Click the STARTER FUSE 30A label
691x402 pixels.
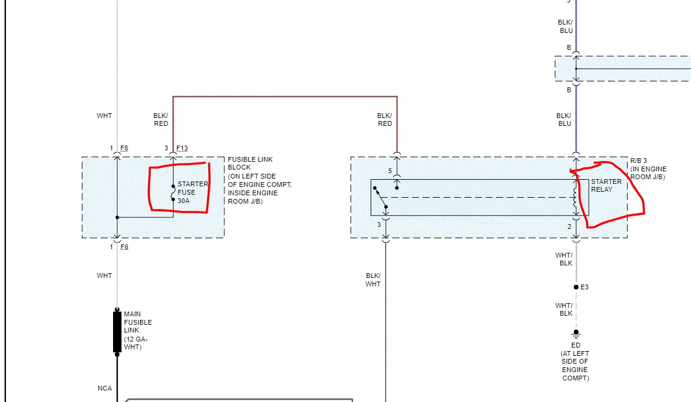coord(192,192)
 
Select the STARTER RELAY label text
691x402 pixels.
coord(606,185)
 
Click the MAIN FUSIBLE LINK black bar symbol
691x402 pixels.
coord(117,331)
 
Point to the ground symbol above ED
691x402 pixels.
coord(576,333)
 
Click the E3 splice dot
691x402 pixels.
coord(576,287)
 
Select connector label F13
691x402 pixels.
coord(182,148)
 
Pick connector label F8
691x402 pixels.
coord(124,148)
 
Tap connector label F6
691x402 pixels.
coord(124,247)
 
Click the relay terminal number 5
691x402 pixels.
coord(390,171)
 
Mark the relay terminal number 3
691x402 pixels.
coord(379,225)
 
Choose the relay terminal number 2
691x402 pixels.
coord(570,226)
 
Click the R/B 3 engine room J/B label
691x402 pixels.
coord(648,169)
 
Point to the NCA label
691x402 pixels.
coord(105,389)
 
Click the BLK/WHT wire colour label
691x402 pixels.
coord(373,280)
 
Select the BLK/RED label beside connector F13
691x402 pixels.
coord(161,119)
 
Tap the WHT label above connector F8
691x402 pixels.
coord(105,116)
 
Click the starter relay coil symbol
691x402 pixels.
coord(576,198)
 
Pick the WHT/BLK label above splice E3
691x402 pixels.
coord(564,259)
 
